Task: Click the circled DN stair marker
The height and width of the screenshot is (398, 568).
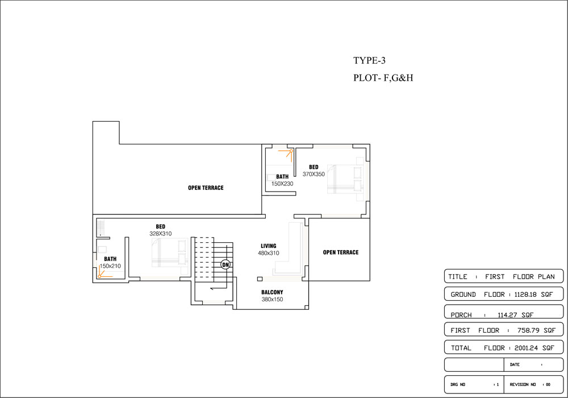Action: pos(225,264)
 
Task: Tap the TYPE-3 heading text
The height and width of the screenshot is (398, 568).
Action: pos(370,60)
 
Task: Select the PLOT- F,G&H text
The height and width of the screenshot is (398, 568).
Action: pos(383,78)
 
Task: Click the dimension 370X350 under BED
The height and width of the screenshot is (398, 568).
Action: pos(314,174)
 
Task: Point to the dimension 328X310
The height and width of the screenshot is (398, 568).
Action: pos(161,234)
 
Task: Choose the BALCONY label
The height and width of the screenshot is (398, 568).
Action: pos(273,292)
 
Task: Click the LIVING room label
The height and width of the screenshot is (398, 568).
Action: pos(269,246)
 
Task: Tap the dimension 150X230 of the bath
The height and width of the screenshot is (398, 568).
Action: pos(282,184)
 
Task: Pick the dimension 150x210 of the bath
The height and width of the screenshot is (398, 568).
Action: pos(110,266)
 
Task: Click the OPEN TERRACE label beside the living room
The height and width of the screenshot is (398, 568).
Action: pos(341,252)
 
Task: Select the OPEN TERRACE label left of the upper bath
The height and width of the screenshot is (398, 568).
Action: pos(206,188)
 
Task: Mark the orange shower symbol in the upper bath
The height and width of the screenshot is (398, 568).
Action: pos(286,155)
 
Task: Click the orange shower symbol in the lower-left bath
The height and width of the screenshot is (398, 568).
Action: pos(105,272)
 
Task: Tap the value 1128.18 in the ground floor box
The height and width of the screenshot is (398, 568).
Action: pos(525,295)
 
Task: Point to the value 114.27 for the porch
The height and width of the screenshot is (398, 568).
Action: pos(507,315)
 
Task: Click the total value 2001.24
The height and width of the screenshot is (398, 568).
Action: pos(527,348)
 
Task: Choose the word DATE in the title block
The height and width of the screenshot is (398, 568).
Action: pos(515,364)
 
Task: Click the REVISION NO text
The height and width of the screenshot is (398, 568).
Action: pos(523,384)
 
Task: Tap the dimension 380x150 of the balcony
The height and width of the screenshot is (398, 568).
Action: pos(273,300)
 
